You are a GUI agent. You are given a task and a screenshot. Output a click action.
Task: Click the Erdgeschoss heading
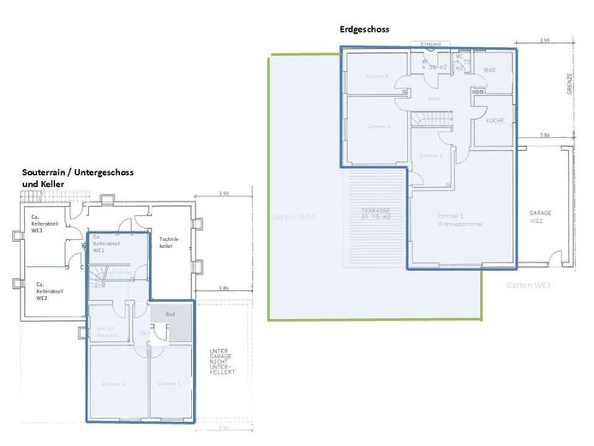click(364, 29)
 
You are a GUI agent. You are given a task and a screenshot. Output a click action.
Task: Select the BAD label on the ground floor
click(490, 69)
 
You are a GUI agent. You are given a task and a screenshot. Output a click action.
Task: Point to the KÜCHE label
click(495, 121)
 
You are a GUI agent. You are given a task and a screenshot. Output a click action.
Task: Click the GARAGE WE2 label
click(540, 216)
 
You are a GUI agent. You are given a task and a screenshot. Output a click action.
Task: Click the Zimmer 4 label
click(377, 76)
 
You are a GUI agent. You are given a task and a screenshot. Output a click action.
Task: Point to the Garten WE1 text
click(295, 218)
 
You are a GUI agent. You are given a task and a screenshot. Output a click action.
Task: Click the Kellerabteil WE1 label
click(105, 244)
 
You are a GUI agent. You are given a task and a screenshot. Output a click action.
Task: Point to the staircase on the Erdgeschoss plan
click(429, 120)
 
